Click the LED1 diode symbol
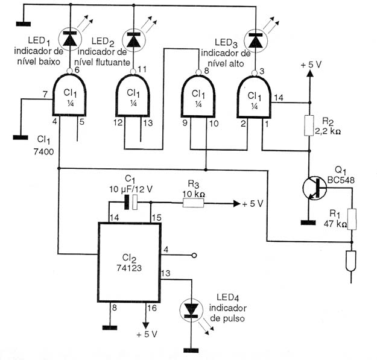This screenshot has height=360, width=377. point(70,39)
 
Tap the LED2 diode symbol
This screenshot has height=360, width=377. point(134,40)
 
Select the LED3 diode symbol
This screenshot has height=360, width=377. point(256,40)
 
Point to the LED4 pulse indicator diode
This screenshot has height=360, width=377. point(192,310)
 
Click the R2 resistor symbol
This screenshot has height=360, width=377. point(309,125)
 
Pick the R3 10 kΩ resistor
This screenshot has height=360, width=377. point(193,203)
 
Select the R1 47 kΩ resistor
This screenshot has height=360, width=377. point(352,219)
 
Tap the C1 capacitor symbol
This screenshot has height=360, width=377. point(131,203)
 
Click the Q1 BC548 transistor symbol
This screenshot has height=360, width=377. point(314,188)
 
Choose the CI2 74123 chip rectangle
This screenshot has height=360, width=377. point(129,262)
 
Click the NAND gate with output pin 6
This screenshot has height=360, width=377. point(69,95)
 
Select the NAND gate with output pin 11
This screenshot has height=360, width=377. point(133,96)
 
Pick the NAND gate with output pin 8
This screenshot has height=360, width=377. point(198,96)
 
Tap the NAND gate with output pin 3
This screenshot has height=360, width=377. point(254,97)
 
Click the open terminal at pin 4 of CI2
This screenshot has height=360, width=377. point(194,255)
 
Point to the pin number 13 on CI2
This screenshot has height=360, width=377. point(166,273)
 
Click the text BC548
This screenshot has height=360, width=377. point(341,180)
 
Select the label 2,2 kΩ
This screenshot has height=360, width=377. point(328,131)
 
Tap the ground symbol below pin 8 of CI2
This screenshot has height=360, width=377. point(110,327)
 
